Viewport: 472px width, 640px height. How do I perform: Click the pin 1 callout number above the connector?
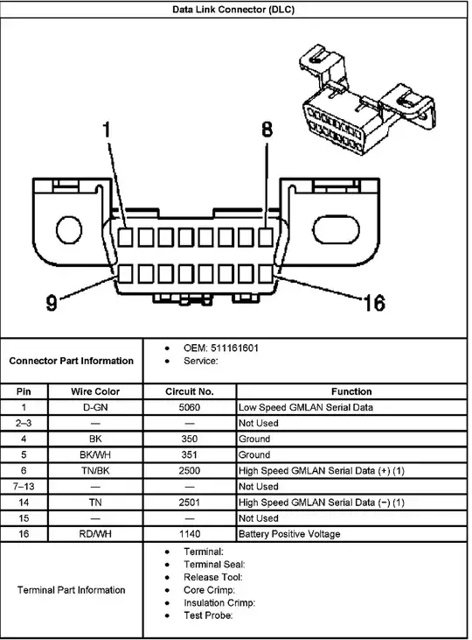(x=107, y=130)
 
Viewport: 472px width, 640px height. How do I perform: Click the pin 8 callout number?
(x=267, y=129)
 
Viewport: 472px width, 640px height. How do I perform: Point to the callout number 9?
(x=52, y=303)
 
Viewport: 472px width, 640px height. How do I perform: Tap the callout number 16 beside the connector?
(x=374, y=303)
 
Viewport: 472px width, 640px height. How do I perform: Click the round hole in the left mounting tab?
(x=69, y=229)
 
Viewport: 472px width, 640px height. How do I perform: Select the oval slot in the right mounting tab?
(x=337, y=229)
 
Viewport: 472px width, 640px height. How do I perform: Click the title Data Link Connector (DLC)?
(x=233, y=10)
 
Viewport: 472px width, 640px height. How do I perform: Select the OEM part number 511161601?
(x=234, y=348)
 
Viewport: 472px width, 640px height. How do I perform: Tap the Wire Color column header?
(x=95, y=392)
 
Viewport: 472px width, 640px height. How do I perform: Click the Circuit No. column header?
(x=190, y=392)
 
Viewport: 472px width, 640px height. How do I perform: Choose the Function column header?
(x=351, y=392)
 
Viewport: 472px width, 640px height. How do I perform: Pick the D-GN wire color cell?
(x=95, y=407)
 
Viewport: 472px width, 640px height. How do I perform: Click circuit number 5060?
(x=190, y=407)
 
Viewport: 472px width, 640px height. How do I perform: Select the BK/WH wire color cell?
(x=95, y=454)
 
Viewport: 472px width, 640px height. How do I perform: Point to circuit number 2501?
(x=190, y=503)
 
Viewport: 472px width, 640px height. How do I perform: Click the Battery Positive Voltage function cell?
(x=289, y=534)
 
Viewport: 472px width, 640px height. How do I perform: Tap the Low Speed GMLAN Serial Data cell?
(x=306, y=407)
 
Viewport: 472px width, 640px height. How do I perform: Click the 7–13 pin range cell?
(x=24, y=487)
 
